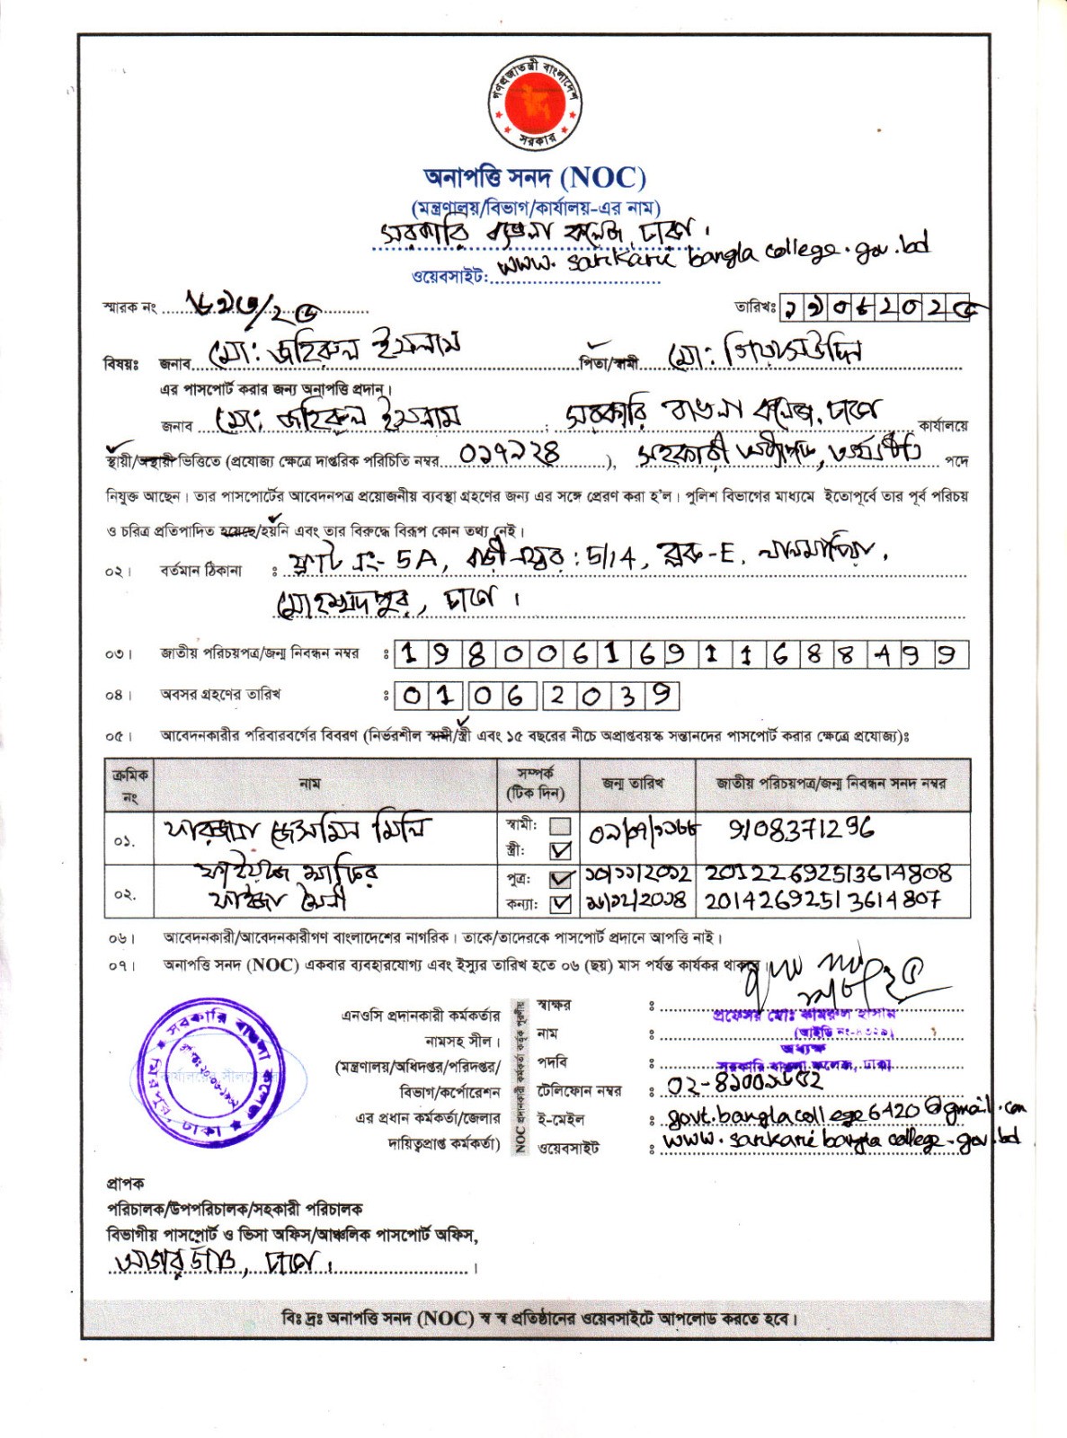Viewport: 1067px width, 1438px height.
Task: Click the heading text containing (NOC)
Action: (535, 178)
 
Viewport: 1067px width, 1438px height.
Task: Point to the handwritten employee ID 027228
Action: (509, 454)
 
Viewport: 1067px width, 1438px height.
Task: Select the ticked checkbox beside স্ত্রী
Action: (560, 849)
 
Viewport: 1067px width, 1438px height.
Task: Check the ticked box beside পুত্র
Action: (560, 879)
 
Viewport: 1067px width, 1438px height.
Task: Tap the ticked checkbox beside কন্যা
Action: (560, 902)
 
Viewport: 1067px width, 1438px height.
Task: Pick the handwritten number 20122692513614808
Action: (827, 874)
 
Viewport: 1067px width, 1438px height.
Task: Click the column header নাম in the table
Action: (309, 784)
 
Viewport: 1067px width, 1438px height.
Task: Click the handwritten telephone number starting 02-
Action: (743, 1083)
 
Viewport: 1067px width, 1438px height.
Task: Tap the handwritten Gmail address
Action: (845, 1112)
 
